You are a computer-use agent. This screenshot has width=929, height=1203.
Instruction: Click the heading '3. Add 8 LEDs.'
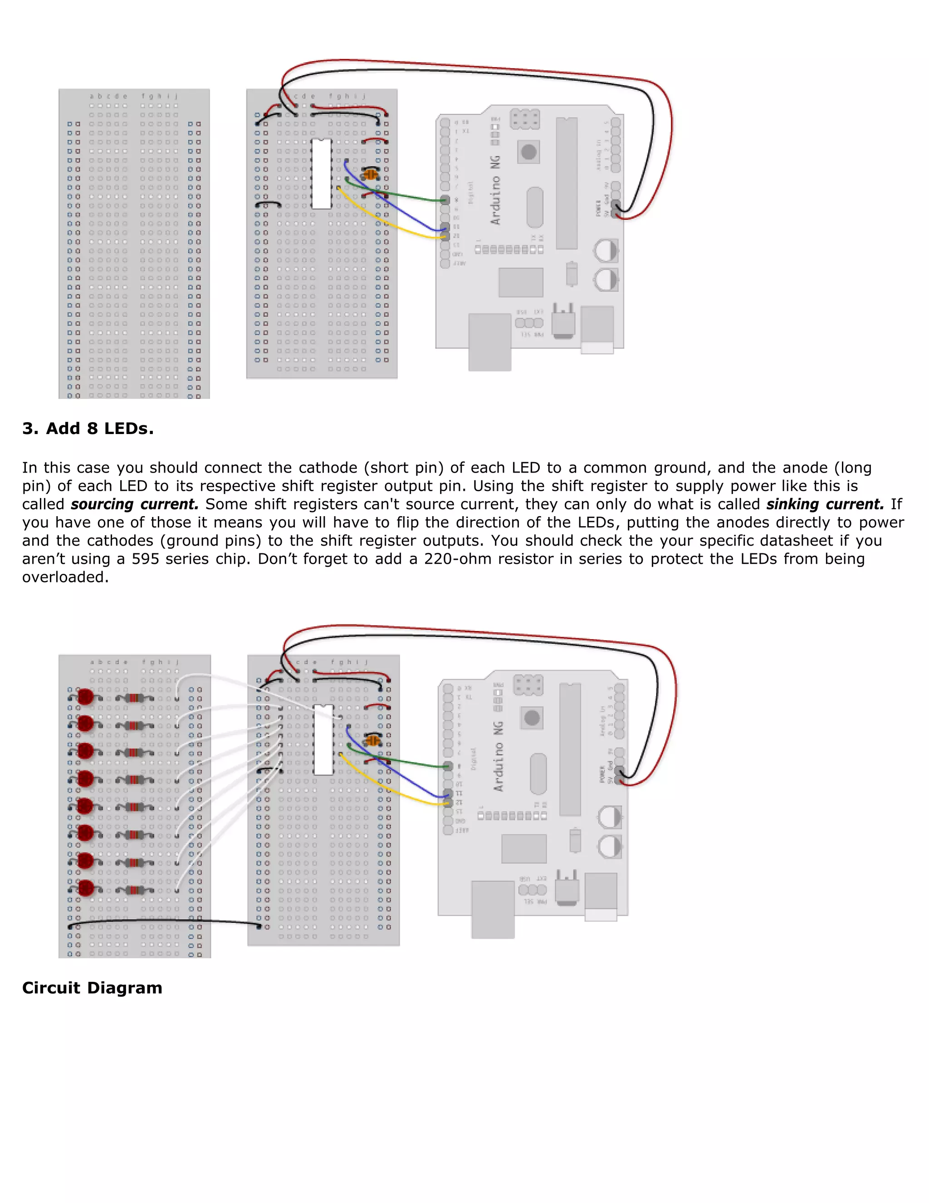coord(88,429)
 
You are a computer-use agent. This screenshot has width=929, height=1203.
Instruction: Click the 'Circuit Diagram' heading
coord(92,988)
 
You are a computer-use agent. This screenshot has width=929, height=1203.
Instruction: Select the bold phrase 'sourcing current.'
coord(134,504)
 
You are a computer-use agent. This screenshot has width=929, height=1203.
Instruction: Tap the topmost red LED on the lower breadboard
coord(85,697)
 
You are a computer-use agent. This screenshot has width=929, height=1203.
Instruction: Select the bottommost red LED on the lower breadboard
coord(86,888)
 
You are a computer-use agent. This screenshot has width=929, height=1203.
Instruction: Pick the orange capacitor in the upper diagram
coord(371,175)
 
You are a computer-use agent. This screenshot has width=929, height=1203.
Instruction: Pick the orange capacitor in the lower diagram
coord(372,740)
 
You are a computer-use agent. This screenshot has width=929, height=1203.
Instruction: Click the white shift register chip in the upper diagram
coord(322,173)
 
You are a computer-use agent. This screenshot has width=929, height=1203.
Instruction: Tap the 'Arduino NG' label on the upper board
coord(495,190)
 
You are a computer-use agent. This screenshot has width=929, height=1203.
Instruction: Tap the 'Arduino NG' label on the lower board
coord(498,756)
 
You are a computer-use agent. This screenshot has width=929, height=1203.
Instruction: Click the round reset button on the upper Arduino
coord(528,152)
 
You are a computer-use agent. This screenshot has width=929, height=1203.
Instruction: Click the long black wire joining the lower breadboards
coord(165,921)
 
